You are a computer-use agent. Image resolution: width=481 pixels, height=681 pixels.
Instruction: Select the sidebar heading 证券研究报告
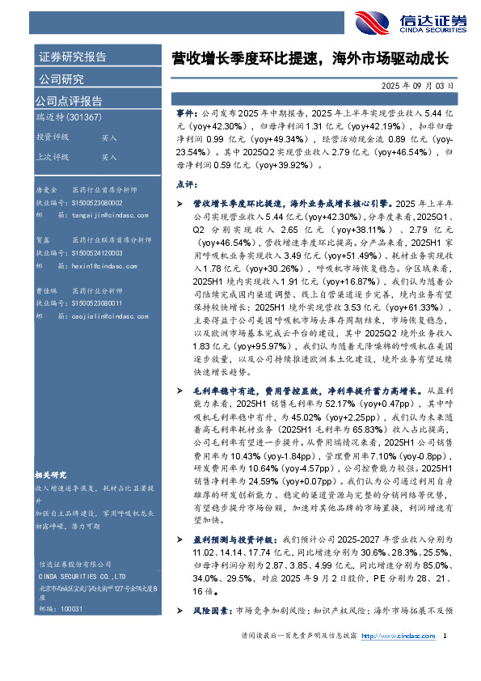pyautogui.click(x=72, y=57)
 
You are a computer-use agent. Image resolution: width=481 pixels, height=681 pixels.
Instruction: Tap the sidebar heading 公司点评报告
pyautogui.click(x=69, y=101)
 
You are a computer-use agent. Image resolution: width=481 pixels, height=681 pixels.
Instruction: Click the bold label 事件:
pyautogui.click(x=185, y=116)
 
